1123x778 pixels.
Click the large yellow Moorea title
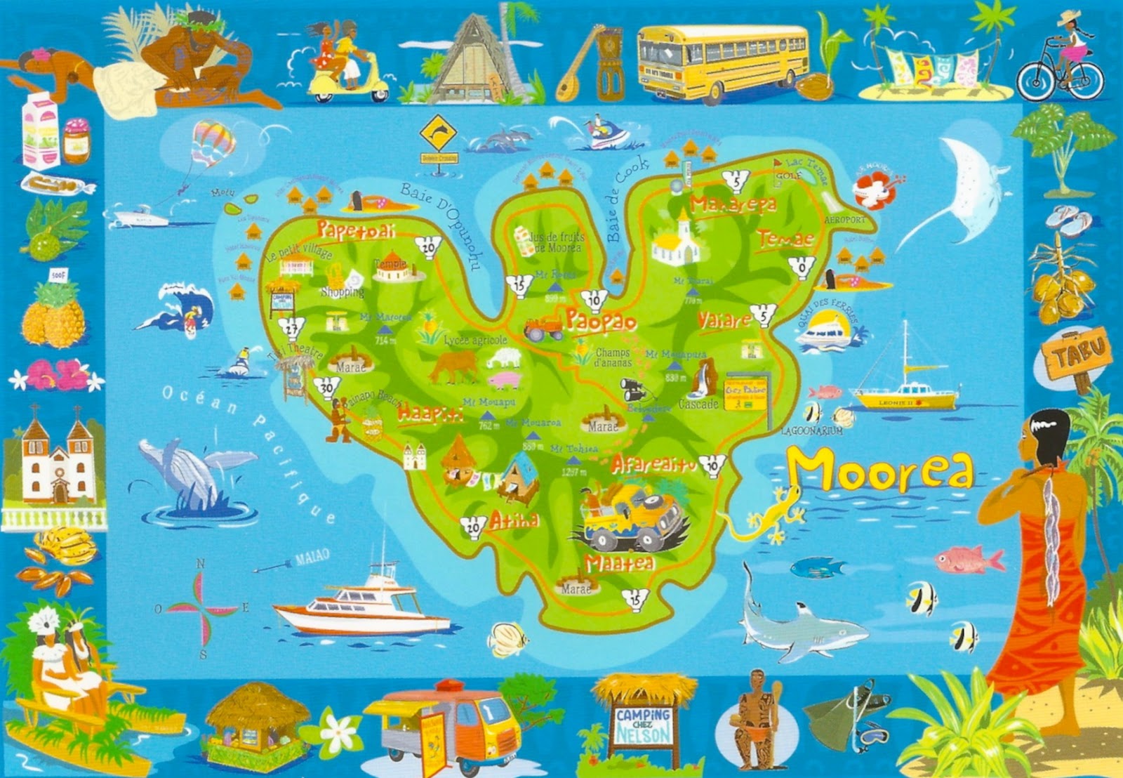[x=881, y=470]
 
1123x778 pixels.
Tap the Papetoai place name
[x=355, y=230]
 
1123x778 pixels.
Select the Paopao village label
[x=600, y=321]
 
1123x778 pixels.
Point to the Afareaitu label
[x=653, y=463]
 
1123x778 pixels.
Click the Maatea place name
[x=619, y=563]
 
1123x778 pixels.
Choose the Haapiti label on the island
[x=430, y=414]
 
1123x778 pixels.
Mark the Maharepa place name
[x=733, y=204]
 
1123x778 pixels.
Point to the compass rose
[x=201, y=607]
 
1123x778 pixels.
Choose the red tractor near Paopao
[x=543, y=327]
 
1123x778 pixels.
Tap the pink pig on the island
[x=504, y=381]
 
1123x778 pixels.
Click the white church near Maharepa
[x=677, y=241]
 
